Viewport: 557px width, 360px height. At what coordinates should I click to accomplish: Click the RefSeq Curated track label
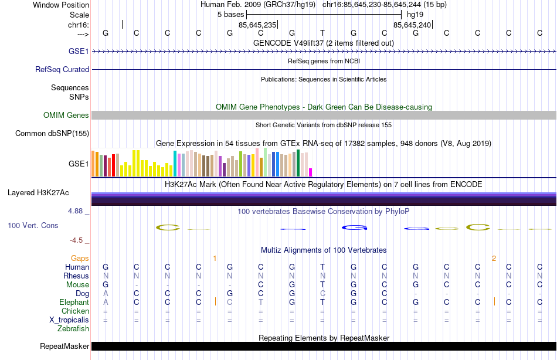click(x=62, y=69)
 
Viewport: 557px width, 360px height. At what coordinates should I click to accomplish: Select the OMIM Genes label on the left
click(x=66, y=116)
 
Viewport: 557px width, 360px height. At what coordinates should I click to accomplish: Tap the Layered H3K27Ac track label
click(x=38, y=192)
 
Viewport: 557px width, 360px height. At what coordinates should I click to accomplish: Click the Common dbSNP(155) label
click(x=52, y=134)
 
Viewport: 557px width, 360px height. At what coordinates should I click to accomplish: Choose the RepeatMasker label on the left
click(x=64, y=346)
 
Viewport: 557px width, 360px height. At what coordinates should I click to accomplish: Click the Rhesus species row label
click(x=77, y=276)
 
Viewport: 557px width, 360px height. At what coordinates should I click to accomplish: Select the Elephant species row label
click(x=74, y=302)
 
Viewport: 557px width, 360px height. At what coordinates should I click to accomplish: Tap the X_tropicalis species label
click(x=69, y=320)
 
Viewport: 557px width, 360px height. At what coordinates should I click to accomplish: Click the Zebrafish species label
click(x=73, y=328)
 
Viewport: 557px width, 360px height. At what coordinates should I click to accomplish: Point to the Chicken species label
click(x=76, y=311)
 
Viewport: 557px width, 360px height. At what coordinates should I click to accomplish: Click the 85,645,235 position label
click(x=257, y=25)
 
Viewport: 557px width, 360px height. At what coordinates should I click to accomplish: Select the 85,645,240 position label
click(x=412, y=25)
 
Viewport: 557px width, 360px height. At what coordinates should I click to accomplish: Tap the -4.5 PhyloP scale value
click(x=80, y=240)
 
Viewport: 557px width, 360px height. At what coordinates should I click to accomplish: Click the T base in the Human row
click(x=322, y=267)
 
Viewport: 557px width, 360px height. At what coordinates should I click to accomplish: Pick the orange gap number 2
click(x=494, y=258)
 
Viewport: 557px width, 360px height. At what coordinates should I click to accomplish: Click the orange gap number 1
click(x=215, y=258)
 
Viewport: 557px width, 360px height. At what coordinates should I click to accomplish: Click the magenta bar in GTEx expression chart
click(x=310, y=172)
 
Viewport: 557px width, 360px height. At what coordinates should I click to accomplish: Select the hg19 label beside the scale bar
click(x=415, y=14)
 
